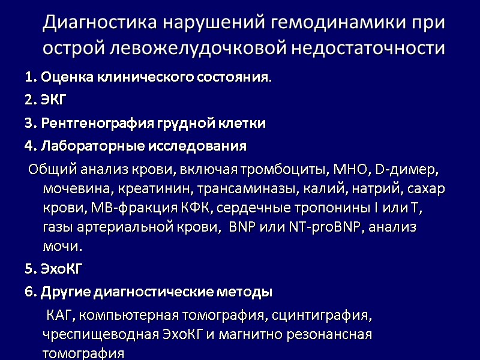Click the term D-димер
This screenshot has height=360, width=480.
click(408, 170)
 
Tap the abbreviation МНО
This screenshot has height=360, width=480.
click(349, 170)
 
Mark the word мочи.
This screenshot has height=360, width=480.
click(62, 247)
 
